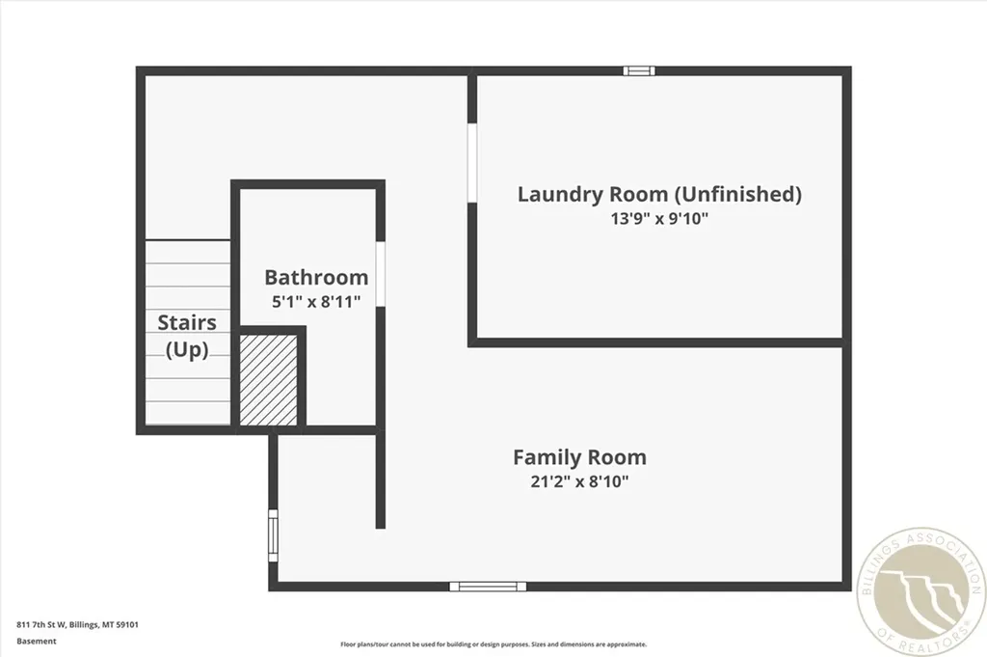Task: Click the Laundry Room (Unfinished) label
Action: pyautogui.click(x=659, y=194)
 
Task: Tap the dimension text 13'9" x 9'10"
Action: pyautogui.click(x=659, y=219)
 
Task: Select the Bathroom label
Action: pyautogui.click(x=316, y=278)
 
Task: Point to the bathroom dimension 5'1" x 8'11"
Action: pyautogui.click(x=316, y=301)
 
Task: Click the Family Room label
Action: pyautogui.click(x=579, y=457)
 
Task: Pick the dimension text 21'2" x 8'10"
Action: pyautogui.click(x=579, y=481)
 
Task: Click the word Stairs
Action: pyautogui.click(x=187, y=322)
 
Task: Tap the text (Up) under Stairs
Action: pyautogui.click(x=187, y=349)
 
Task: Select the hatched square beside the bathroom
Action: pyautogui.click(x=268, y=379)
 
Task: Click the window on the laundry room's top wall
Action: pyautogui.click(x=638, y=70)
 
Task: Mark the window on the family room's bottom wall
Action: pyautogui.click(x=488, y=586)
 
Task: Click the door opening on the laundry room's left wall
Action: pyautogui.click(x=472, y=162)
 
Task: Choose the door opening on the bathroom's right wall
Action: pyautogui.click(x=381, y=274)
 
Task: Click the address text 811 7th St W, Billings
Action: pyautogui.click(x=77, y=624)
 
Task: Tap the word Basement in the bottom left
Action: pyautogui.click(x=37, y=640)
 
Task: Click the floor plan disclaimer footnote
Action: pyautogui.click(x=493, y=644)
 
